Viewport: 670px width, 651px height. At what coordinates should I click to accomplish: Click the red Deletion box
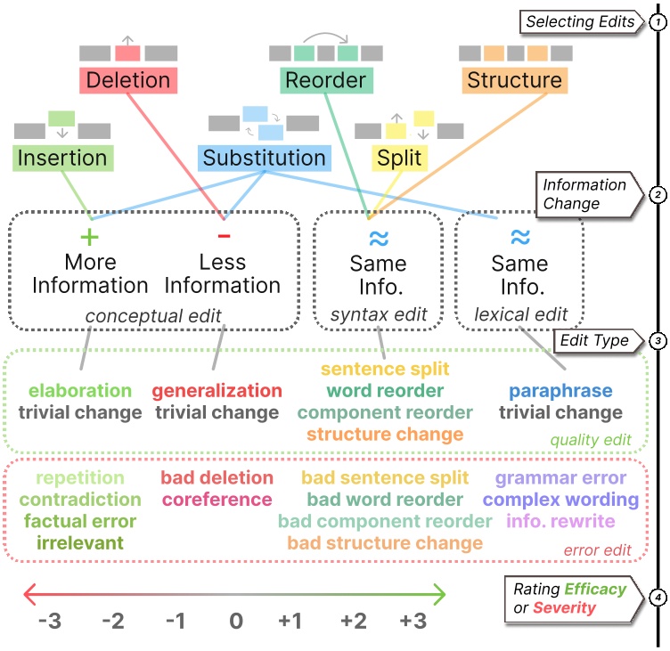[x=128, y=80]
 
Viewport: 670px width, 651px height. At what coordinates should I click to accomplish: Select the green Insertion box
[x=63, y=159]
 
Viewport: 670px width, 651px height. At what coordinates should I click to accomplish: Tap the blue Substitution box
[x=264, y=159]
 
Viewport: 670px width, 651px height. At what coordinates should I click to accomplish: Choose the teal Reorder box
[x=325, y=80]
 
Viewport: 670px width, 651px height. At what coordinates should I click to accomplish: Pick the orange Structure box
[x=514, y=80]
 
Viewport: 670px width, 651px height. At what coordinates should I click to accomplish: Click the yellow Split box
[x=400, y=159]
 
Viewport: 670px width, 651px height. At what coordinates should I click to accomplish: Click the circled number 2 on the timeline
[x=658, y=195]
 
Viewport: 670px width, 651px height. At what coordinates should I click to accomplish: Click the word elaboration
[x=80, y=391]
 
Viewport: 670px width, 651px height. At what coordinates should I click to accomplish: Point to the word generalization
[x=217, y=391]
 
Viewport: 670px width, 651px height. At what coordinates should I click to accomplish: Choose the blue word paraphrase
[x=560, y=391]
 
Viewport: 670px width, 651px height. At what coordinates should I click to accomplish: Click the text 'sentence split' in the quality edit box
[x=385, y=369]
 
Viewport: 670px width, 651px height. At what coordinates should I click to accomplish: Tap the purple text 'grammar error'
[x=560, y=478]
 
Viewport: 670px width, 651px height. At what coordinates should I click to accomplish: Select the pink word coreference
[x=217, y=500]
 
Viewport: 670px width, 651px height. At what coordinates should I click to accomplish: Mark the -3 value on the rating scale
[x=49, y=622]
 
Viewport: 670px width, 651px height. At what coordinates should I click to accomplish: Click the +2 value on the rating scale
[x=353, y=622]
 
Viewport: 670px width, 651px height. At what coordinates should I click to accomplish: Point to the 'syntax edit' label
[x=378, y=314]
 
